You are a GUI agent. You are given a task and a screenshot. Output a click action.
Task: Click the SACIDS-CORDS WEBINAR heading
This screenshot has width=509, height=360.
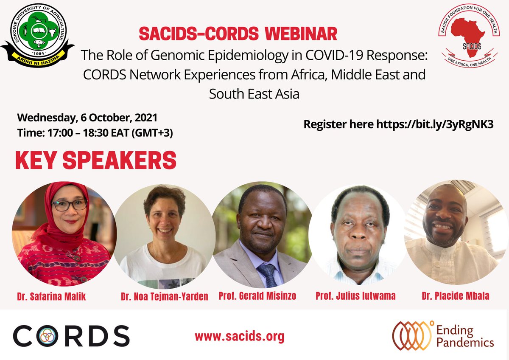238,34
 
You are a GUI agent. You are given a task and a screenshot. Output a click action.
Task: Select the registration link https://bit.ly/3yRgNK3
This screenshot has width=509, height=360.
435,125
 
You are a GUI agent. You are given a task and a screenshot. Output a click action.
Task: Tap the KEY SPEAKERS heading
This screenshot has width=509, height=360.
96,161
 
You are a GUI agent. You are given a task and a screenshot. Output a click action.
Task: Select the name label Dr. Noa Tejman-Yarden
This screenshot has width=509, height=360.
164,296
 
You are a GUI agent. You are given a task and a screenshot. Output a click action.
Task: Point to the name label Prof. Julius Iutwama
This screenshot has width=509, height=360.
355,296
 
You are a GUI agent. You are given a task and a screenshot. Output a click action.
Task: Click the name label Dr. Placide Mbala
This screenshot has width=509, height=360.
455,296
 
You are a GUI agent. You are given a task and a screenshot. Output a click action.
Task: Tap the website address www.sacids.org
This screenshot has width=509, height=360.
239,337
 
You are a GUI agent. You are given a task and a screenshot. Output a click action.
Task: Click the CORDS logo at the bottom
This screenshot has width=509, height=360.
71,336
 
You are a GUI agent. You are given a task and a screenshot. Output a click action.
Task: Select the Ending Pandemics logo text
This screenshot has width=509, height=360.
471,336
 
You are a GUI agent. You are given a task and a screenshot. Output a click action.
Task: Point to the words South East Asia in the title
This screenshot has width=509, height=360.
254,93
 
